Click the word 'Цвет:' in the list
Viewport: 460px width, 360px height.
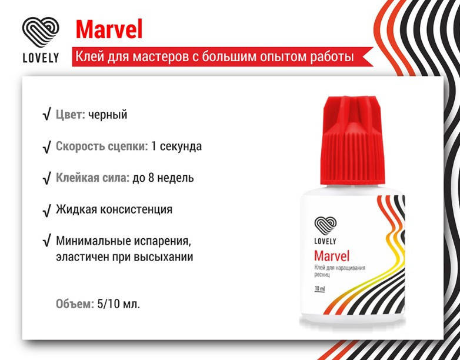[71, 115]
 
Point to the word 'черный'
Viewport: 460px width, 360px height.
[108, 115]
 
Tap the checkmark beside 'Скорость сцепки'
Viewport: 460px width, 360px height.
[46, 146]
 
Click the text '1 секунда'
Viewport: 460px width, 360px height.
[176, 146]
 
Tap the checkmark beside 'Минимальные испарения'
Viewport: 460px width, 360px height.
[46, 241]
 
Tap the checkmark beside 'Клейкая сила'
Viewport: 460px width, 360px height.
[46, 178]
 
